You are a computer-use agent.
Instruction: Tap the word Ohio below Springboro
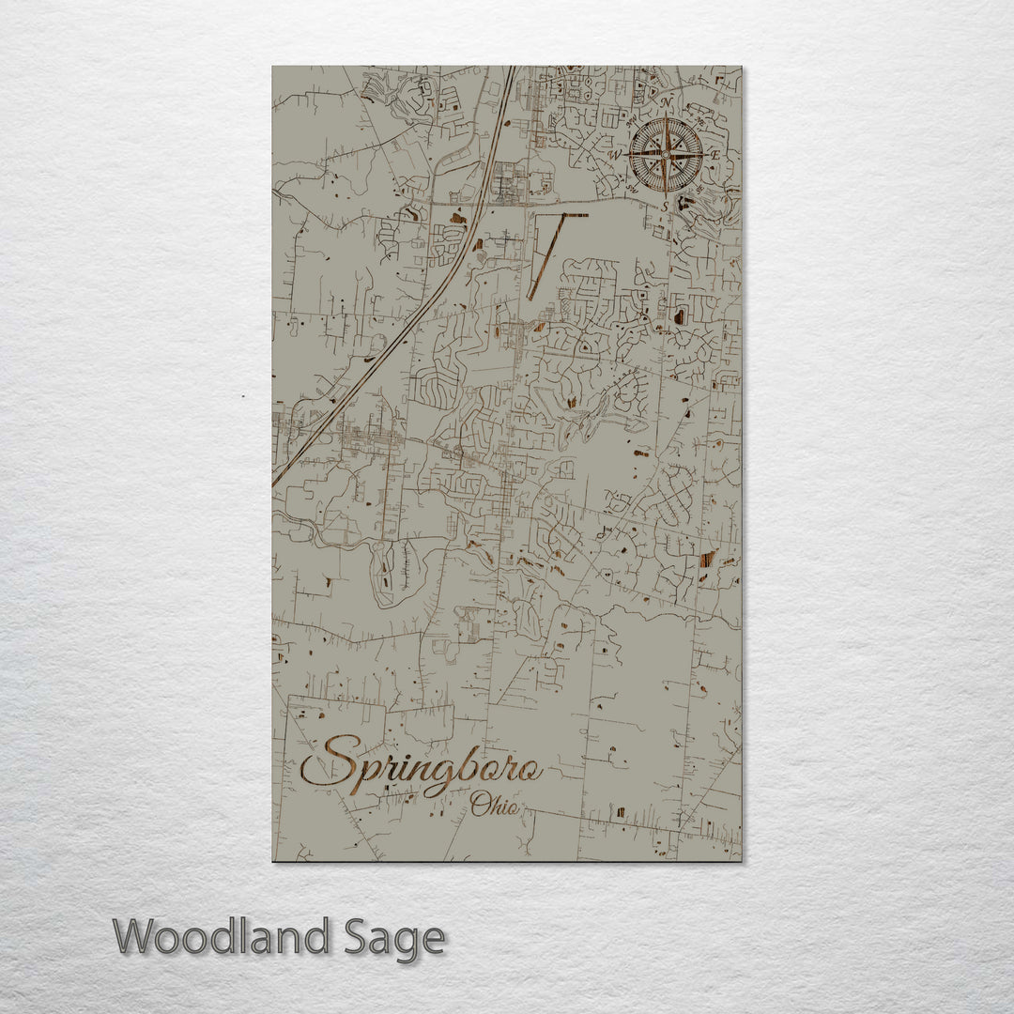pos(494,806)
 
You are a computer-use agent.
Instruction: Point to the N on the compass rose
pos(666,102)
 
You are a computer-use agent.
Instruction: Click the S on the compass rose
pos(666,205)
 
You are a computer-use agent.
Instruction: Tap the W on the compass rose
pos(616,154)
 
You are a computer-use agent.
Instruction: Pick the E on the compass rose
pos(715,154)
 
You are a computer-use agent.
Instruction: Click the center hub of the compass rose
pos(666,154)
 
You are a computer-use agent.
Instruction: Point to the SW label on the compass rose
pos(631,189)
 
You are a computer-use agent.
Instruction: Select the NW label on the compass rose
pos(631,119)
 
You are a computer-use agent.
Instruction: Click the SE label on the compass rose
pos(700,189)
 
